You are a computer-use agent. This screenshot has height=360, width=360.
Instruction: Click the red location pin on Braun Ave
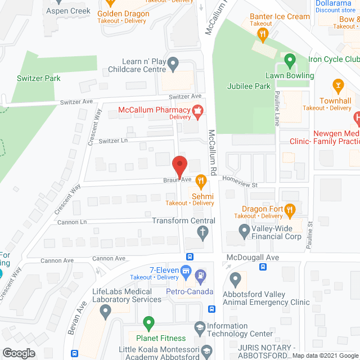click(179, 166)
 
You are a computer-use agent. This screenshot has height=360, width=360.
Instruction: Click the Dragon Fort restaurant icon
click(290, 210)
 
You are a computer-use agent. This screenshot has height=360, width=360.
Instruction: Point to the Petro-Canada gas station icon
click(201, 276)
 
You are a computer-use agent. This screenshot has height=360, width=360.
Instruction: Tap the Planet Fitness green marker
click(148, 323)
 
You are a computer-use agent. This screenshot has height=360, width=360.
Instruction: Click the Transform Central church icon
click(204, 231)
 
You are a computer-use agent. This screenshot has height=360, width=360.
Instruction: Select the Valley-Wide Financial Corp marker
click(244, 229)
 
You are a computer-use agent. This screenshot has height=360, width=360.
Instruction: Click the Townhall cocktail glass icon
click(338, 86)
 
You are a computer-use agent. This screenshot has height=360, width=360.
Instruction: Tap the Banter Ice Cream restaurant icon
click(262, 35)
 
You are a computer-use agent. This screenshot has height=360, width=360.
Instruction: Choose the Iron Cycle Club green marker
click(290, 59)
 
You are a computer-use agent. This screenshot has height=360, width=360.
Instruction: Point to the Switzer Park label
click(39, 78)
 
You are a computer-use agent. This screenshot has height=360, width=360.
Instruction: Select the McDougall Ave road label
click(253, 256)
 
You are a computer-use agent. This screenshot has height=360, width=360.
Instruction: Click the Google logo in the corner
click(18, 353)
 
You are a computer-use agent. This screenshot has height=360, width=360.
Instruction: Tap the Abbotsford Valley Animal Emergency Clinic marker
click(236, 278)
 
